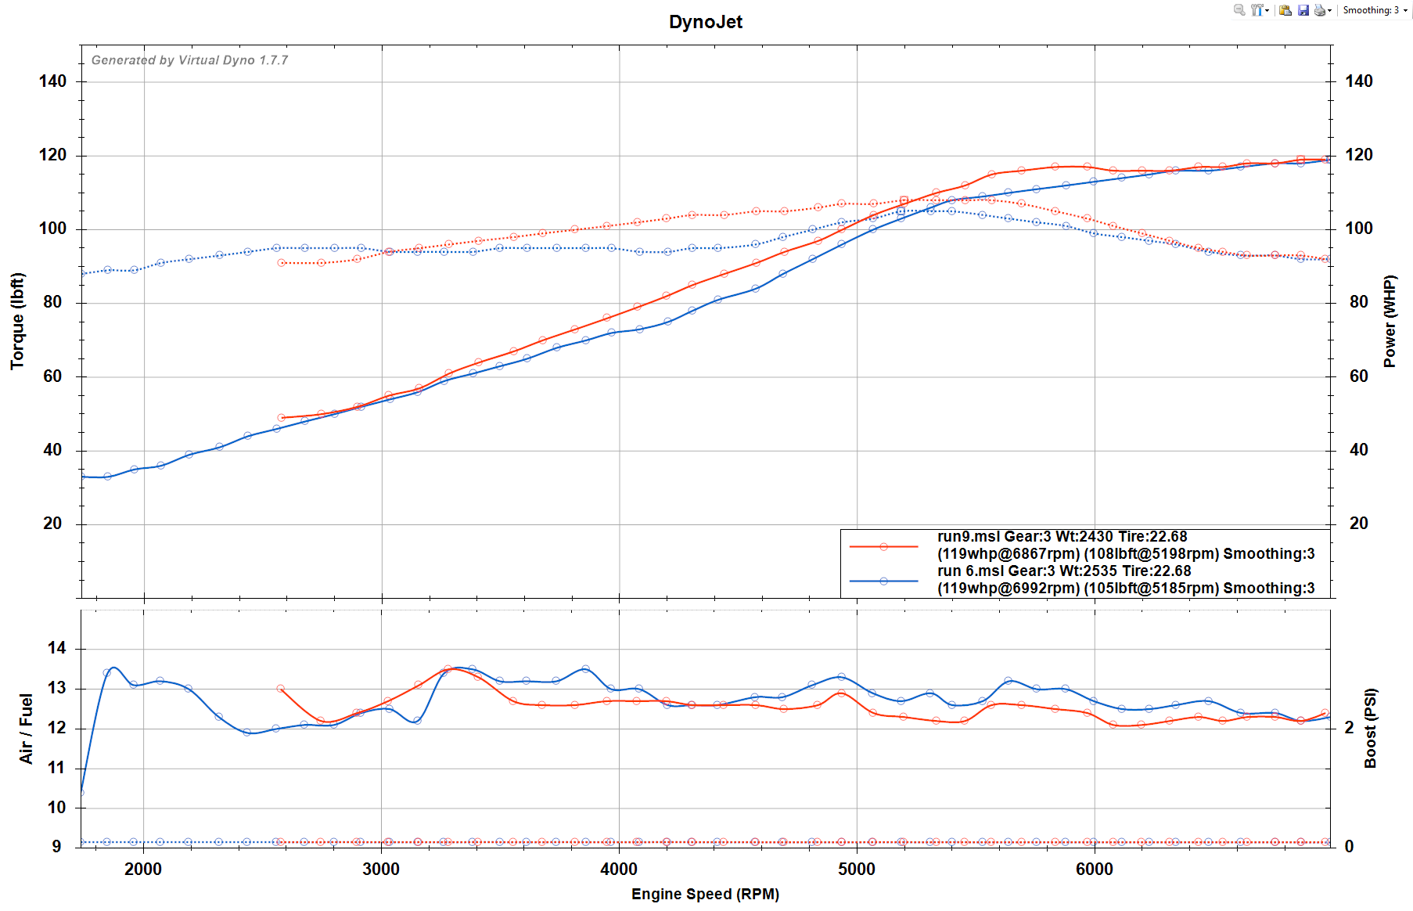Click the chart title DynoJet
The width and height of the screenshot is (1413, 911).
pyautogui.click(x=705, y=22)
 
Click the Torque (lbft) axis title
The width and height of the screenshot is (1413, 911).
pyautogui.click(x=17, y=321)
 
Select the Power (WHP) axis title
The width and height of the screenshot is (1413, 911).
pyautogui.click(x=1390, y=321)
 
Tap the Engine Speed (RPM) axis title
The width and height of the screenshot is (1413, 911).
pyautogui.click(x=705, y=894)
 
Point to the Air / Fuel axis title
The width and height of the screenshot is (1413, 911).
pyautogui.click(x=26, y=729)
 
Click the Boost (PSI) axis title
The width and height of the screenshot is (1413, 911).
pyautogui.click(x=1370, y=729)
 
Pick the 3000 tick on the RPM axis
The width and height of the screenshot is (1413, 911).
pyautogui.click(x=381, y=869)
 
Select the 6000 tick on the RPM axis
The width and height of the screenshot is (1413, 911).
pyautogui.click(x=1094, y=869)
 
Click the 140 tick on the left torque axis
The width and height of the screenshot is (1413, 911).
pyautogui.click(x=52, y=81)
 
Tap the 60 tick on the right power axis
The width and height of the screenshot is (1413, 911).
pyautogui.click(x=1359, y=376)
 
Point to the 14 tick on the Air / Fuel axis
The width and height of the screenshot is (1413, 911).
pyautogui.click(x=56, y=648)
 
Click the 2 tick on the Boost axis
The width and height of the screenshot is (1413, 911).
pyautogui.click(x=1349, y=728)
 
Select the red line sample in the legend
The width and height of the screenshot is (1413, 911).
pyautogui.click(x=883, y=547)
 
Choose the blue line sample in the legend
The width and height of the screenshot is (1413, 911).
pyautogui.click(x=883, y=581)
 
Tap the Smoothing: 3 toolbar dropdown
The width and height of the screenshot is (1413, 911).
pyautogui.click(x=1375, y=10)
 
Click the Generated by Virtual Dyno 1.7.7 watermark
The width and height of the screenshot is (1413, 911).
pyautogui.click(x=189, y=60)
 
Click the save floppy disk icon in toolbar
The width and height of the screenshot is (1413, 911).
pyautogui.click(x=1303, y=10)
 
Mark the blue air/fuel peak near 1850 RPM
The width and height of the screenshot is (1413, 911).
pyautogui.click(x=114, y=668)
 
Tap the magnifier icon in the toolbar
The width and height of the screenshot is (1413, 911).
pyautogui.click(x=1239, y=10)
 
